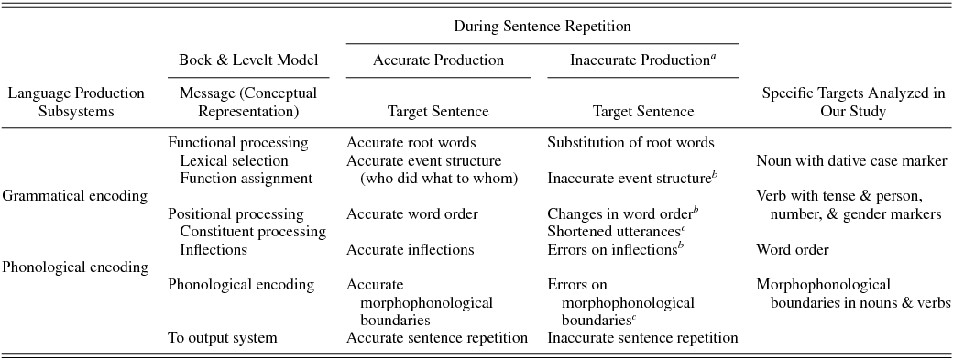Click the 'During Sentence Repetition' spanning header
(542, 27)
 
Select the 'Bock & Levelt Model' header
(248, 60)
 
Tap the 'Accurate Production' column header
(438, 60)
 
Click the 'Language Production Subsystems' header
(75, 102)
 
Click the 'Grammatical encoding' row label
(75, 195)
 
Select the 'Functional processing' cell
(238, 143)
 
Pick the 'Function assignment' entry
(246, 178)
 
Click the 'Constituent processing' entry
(253, 231)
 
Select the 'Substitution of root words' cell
(630, 143)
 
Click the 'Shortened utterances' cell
(617, 231)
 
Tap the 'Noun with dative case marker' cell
(851, 161)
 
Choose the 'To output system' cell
(222, 337)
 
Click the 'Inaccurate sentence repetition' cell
(642, 337)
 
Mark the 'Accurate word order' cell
(411, 213)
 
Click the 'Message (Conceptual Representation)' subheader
(248, 102)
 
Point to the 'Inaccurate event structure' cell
(630, 178)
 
